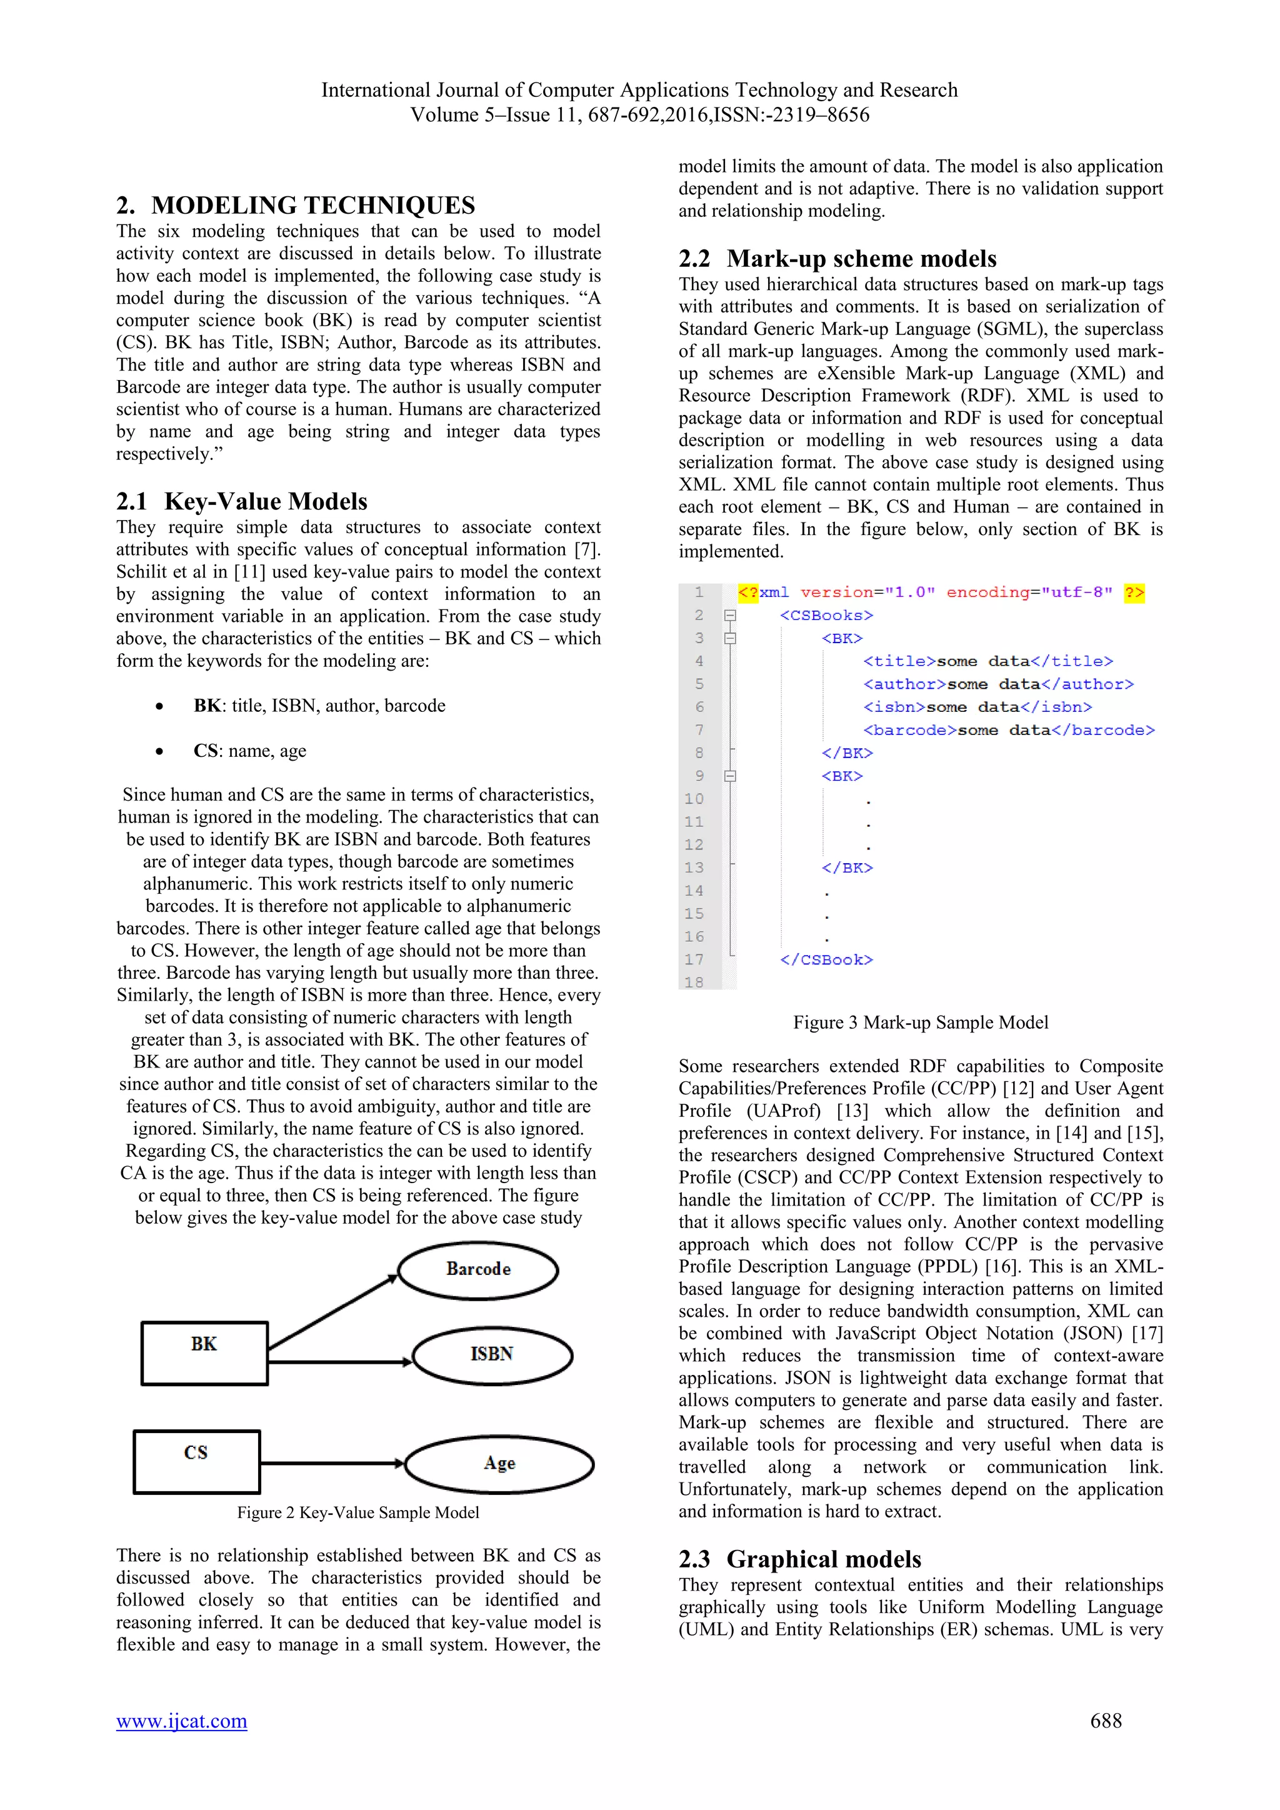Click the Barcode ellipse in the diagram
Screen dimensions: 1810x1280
[x=477, y=1270]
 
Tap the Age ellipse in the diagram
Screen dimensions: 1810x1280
[x=499, y=1464]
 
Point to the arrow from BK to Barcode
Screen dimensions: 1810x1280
[x=332, y=1312]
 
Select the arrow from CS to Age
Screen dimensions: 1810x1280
[x=332, y=1463]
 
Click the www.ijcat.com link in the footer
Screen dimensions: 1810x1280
[x=181, y=1721]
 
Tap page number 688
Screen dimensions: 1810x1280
[x=1105, y=1721]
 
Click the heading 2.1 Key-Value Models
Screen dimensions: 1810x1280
[x=242, y=501]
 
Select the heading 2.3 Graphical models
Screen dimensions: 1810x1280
[x=799, y=1559]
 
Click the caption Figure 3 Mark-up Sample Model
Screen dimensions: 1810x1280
[x=920, y=1022]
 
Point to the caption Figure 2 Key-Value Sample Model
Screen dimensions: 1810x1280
[x=358, y=1512]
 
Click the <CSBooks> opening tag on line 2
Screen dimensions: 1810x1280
[x=826, y=616]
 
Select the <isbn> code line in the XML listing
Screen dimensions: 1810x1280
[x=977, y=707]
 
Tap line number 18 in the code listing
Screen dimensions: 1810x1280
[x=694, y=982]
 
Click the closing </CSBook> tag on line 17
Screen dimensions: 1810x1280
[x=826, y=959]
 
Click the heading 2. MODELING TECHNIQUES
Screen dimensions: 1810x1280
[x=296, y=205]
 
